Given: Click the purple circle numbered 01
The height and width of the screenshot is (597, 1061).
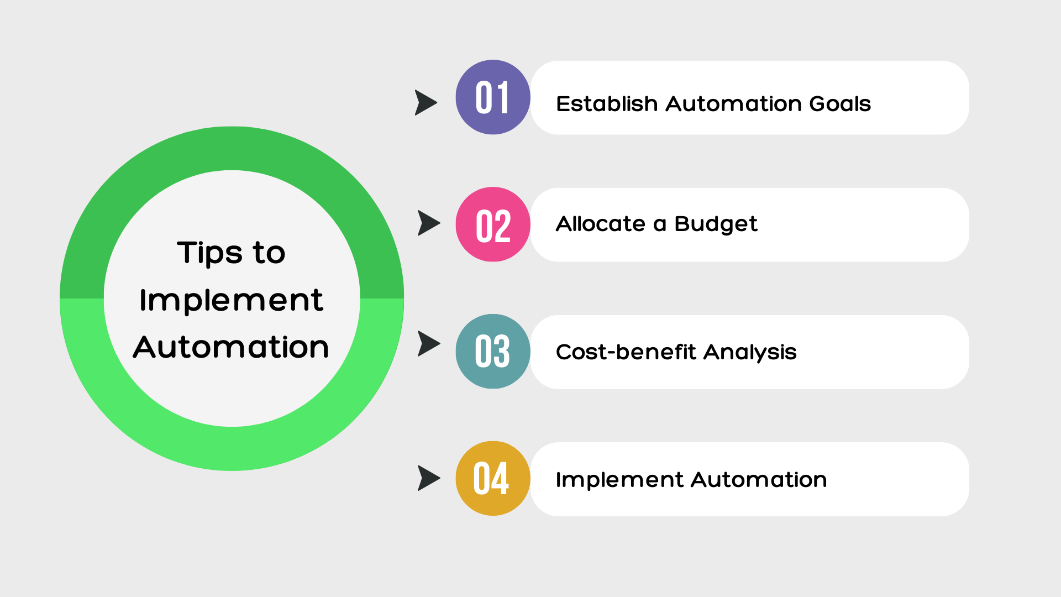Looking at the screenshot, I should (492, 97).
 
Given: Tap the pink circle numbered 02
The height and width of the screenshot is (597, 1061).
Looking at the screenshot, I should (492, 224).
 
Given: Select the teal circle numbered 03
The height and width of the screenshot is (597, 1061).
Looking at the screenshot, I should (492, 352).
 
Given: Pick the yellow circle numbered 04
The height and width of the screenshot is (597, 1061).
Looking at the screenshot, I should (492, 479).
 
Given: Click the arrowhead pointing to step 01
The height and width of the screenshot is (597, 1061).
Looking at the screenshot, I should (425, 103).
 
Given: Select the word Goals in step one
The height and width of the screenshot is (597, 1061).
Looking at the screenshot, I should (839, 104).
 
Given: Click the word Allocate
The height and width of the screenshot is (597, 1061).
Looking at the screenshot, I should (600, 224).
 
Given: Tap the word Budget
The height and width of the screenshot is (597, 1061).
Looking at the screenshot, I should (716, 224).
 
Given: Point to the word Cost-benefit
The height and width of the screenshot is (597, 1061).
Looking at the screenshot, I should (626, 352).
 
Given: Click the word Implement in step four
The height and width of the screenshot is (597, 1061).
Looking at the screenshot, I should (619, 480).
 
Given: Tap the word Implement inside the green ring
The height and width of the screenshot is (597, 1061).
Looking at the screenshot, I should (231, 300).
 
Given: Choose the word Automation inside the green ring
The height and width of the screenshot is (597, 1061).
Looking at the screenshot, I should (231, 347).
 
